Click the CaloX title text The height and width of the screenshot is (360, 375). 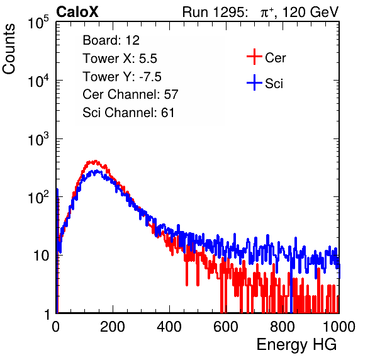[x=77, y=12]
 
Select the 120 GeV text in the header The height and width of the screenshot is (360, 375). [x=310, y=12]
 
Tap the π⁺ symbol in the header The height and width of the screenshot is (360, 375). [x=267, y=13]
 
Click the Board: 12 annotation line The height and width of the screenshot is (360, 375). [x=111, y=40]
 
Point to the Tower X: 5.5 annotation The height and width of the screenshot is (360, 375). [x=120, y=59]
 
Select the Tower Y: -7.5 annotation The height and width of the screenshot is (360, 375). [x=122, y=77]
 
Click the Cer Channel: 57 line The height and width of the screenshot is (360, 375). [x=130, y=94]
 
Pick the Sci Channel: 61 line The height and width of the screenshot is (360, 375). [x=128, y=113]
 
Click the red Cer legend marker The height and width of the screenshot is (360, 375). [x=254, y=57]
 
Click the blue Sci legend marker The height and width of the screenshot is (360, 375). [x=254, y=83]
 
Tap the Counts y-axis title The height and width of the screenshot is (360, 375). [x=9, y=49]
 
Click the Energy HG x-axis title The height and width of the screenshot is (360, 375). [x=296, y=345]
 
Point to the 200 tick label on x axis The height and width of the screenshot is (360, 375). [x=113, y=327]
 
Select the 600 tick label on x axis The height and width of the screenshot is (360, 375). [x=226, y=327]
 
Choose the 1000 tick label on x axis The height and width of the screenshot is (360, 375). [x=339, y=327]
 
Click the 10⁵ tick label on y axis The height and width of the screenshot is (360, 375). [x=38, y=23]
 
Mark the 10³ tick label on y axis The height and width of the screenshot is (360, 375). [x=38, y=139]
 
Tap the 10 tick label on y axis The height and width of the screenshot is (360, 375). [x=41, y=256]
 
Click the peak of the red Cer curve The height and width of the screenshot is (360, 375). [x=95, y=161]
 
